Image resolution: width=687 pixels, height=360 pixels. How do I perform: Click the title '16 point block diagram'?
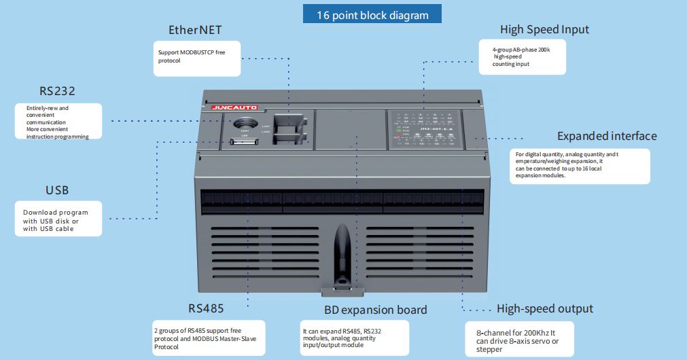click(x=372, y=14)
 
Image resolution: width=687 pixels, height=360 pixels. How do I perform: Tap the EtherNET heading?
click(x=195, y=30)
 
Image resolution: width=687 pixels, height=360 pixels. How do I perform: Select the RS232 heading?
click(x=57, y=90)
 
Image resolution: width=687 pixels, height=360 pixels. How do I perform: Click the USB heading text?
click(x=57, y=190)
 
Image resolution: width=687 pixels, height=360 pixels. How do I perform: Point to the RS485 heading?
click(x=207, y=308)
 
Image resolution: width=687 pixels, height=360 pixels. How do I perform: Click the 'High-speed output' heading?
click(x=544, y=308)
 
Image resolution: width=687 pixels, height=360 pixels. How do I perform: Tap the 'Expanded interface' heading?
click(x=607, y=136)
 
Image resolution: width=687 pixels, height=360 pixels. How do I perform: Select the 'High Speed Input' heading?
click(x=544, y=29)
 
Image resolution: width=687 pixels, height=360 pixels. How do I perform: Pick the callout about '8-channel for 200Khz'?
click(x=518, y=337)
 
